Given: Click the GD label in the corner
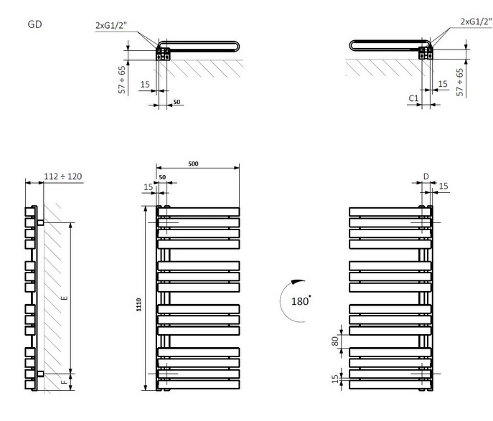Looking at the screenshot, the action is [x=34, y=24].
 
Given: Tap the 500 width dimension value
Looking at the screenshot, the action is [x=193, y=164].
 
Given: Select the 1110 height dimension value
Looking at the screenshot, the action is [x=138, y=304].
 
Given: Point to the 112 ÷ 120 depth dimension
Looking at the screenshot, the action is [x=63, y=176].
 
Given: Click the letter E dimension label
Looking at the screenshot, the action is [x=65, y=298].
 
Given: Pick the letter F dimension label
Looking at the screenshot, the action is [x=64, y=382].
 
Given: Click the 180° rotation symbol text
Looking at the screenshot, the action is [x=301, y=301].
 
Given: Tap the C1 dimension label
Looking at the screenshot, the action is [x=413, y=98].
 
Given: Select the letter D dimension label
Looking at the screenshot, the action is [x=426, y=176].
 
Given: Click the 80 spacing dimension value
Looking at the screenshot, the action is [x=335, y=341].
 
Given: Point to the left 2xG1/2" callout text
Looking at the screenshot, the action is [x=111, y=25].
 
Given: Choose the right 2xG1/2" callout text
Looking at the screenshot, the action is [x=476, y=22].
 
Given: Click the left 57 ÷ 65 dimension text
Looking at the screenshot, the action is [x=122, y=80].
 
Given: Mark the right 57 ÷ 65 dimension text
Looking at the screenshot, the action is [x=460, y=82].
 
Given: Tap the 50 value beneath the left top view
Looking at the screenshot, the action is [x=177, y=102].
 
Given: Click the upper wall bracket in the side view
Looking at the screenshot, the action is [x=40, y=223].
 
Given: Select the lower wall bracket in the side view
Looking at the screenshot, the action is [x=40, y=374].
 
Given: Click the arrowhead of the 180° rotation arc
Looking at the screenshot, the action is [x=294, y=282].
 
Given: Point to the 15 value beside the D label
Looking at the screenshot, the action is [x=443, y=186].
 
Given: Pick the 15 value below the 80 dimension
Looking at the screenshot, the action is [x=335, y=379].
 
